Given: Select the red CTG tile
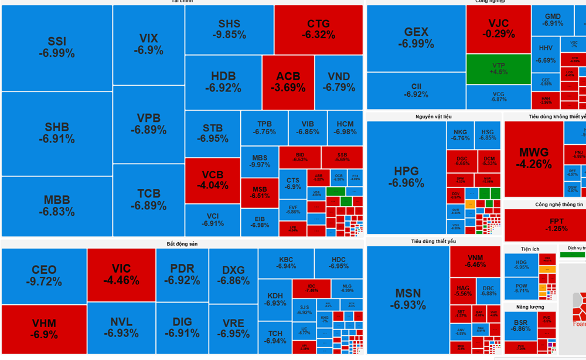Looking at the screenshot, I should (x=318, y=29).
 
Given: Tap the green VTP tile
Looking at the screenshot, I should (x=499, y=69).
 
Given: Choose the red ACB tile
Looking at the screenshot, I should (x=288, y=82).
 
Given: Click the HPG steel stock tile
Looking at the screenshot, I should (x=406, y=176).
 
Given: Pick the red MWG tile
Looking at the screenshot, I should (x=534, y=158).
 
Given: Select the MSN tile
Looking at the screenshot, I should (x=408, y=299).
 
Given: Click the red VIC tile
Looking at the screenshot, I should (x=121, y=274).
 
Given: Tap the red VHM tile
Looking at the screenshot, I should (x=44, y=329).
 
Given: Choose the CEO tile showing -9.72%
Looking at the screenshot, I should (x=44, y=276).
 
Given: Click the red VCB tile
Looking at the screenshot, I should (x=212, y=180).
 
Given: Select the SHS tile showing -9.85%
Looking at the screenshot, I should (x=229, y=29).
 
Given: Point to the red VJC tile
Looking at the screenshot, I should (x=499, y=29).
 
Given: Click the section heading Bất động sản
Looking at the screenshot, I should (x=182, y=243).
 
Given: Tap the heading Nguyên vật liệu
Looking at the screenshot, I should (x=434, y=117).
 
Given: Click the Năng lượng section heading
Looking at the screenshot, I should (x=530, y=307).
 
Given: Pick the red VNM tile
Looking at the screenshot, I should (x=475, y=261).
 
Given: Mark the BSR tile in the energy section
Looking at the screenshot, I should (x=520, y=326).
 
